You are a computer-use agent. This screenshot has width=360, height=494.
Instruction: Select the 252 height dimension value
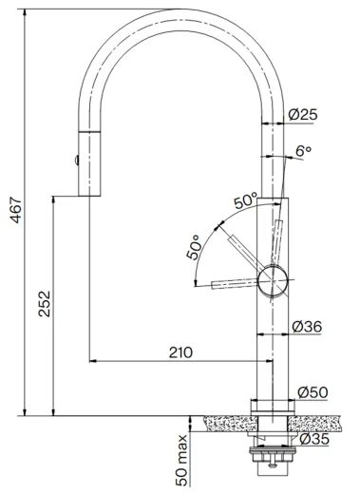45,304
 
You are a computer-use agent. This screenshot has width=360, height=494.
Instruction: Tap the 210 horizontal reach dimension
180,351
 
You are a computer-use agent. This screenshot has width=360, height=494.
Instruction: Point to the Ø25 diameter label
303,115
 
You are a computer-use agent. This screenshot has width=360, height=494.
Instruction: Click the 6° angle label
303,151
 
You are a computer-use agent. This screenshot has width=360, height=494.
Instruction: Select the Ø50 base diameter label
312,391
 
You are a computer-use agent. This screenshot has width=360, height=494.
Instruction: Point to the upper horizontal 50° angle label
246,199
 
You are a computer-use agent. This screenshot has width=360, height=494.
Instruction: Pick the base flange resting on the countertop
271,408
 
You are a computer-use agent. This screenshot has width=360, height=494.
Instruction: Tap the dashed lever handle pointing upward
278,237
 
